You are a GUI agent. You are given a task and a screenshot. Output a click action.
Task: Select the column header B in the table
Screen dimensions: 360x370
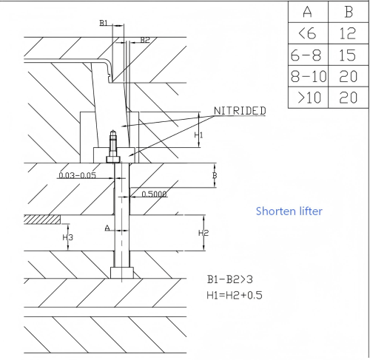coord(349,12)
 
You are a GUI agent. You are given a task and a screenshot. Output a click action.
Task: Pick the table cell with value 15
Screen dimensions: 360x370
coord(349,55)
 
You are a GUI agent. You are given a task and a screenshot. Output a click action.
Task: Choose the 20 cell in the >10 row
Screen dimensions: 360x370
coord(349,98)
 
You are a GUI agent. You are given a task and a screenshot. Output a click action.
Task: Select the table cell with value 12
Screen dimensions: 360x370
coord(349,33)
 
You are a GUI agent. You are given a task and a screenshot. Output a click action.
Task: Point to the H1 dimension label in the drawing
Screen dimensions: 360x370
coord(198,135)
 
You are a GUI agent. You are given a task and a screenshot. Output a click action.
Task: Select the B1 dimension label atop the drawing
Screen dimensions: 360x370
coord(104,24)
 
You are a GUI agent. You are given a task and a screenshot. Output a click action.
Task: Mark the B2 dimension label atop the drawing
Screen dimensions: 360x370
coord(145,39)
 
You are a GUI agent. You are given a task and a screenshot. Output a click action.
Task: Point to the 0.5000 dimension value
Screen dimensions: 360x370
coord(155,194)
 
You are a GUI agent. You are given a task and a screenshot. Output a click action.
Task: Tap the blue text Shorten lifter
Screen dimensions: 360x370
coord(289,211)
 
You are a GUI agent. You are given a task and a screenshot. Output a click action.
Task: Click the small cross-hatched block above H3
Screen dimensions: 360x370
coord(40,219)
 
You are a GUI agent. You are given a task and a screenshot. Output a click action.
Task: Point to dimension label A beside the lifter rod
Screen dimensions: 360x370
coord(107,228)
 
